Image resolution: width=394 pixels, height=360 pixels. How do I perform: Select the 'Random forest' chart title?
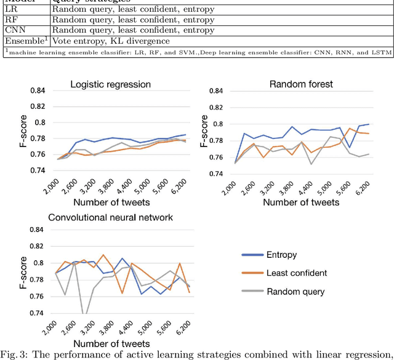[x=301, y=83]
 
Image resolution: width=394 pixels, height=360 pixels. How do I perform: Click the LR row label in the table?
[x=11, y=10]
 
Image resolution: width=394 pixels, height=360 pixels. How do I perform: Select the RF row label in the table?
[x=10, y=20]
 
